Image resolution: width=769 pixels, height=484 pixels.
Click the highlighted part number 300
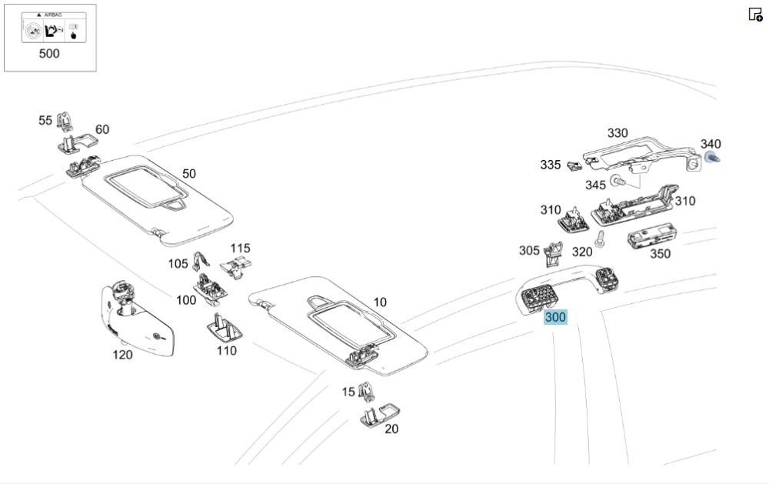coord(555,317)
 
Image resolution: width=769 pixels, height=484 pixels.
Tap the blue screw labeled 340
coord(710,159)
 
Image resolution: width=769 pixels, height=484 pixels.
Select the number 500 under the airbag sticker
coord(49,54)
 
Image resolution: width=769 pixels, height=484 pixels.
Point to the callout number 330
coord(618,133)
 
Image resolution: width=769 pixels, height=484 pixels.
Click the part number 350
coord(660,254)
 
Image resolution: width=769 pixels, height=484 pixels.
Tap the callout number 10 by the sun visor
coord(380,302)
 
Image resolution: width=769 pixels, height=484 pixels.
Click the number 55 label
coord(45,120)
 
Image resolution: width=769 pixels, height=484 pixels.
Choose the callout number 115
coord(240,249)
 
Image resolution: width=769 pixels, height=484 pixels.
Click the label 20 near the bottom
coord(391,429)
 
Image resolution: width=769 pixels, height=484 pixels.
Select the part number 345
coord(595,185)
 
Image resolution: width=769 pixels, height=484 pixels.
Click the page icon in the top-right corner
coord(755,14)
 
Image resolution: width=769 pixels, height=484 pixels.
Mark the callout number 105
coord(178,264)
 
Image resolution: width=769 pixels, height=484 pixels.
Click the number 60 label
coord(102,129)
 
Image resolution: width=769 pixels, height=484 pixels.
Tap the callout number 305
coord(529,250)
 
